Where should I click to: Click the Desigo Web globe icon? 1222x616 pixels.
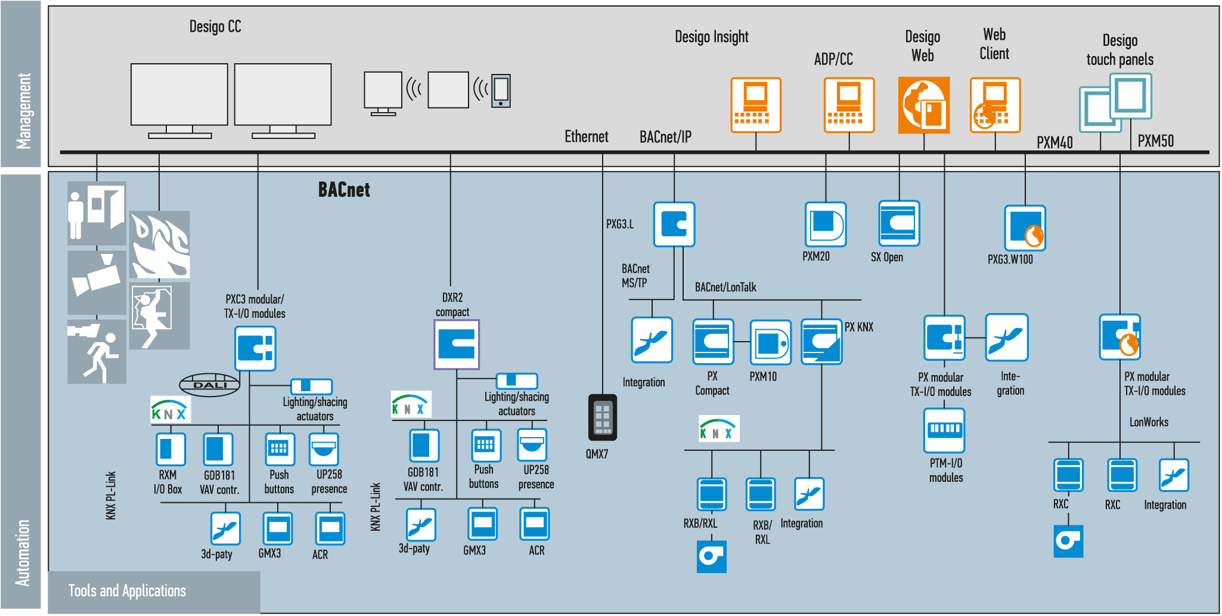pyautogui.click(x=923, y=105)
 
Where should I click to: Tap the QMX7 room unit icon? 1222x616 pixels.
pyautogui.click(x=602, y=417)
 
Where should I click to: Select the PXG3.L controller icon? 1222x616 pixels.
pyautogui.click(x=674, y=224)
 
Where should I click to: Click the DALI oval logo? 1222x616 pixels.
pyautogui.click(x=210, y=385)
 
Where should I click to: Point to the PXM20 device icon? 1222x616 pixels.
pyautogui.click(x=826, y=224)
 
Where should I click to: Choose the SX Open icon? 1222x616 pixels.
pyautogui.click(x=899, y=223)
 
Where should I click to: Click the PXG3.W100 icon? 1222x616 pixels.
pyautogui.click(x=1025, y=228)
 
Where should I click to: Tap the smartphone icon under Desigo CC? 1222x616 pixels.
pyautogui.click(x=501, y=91)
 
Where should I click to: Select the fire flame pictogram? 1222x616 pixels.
pyautogui.click(x=160, y=244)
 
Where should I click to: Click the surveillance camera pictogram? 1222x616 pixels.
pyautogui.click(x=97, y=282)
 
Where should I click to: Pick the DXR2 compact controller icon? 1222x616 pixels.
pyautogui.click(x=457, y=345)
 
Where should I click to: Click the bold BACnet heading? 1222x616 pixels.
pyautogui.click(x=344, y=190)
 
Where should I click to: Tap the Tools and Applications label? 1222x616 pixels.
pyautogui.click(x=127, y=591)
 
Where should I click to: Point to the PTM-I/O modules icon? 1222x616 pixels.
pyautogui.click(x=944, y=430)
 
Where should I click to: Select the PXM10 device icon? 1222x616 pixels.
pyautogui.click(x=770, y=343)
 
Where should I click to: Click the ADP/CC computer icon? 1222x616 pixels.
pyautogui.click(x=849, y=105)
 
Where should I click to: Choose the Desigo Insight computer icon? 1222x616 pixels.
pyautogui.click(x=756, y=105)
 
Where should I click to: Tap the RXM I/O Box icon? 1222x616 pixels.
pyautogui.click(x=170, y=449)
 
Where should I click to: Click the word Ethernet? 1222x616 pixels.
pyautogui.click(x=587, y=137)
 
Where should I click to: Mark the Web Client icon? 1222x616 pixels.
pyautogui.click(x=995, y=105)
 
